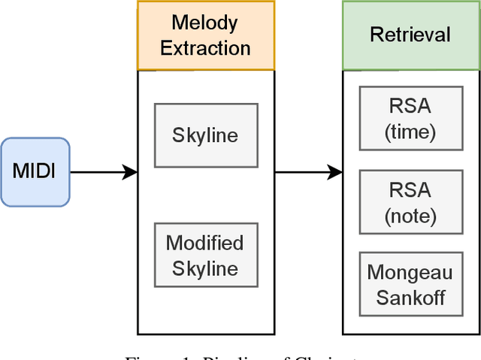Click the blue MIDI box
(x=35, y=172)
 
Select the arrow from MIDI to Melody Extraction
(x=103, y=172)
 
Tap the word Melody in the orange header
(x=205, y=23)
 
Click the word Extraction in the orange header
(x=205, y=49)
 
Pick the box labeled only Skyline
(x=206, y=135)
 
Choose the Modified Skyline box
(x=206, y=256)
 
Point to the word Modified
(x=205, y=244)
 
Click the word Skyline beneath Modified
(x=205, y=268)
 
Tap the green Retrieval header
(x=410, y=35)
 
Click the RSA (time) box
(x=410, y=119)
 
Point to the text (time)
(x=410, y=132)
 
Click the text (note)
(x=410, y=216)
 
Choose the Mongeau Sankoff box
(x=410, y=284)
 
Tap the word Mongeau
(x=410, y=272)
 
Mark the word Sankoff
(x=410, y=297)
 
